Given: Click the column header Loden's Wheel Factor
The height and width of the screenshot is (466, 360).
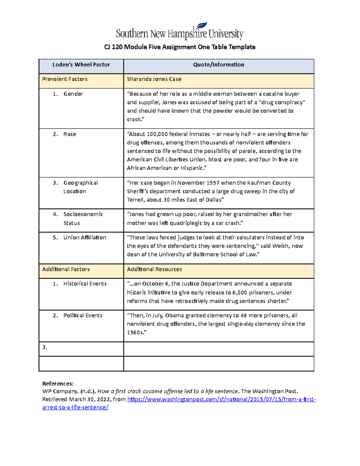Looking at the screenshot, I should [x=81, y=65].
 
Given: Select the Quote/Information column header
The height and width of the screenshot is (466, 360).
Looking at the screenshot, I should [x=218, y=65].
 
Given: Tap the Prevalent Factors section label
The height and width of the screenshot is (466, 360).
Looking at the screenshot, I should [x=65, y=79].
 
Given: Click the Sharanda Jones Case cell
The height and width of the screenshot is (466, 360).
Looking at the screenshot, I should [x=154, y=79].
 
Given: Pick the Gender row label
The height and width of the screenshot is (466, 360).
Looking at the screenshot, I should [x=73, y=94].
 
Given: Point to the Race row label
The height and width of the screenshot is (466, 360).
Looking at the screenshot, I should [x=70, y=134].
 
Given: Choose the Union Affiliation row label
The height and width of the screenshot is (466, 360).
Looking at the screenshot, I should [x=85, y=238].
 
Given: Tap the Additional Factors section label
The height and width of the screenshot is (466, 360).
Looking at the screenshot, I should [x=66, y=269].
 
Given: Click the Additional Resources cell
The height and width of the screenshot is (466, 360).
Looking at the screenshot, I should [x=154, y=269].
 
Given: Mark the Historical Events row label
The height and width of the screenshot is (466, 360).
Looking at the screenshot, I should [x=85, y=284].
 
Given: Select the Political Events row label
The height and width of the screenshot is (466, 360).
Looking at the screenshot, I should [x=82, y=316].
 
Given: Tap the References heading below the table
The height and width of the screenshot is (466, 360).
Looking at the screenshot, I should [x=58, y=383].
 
